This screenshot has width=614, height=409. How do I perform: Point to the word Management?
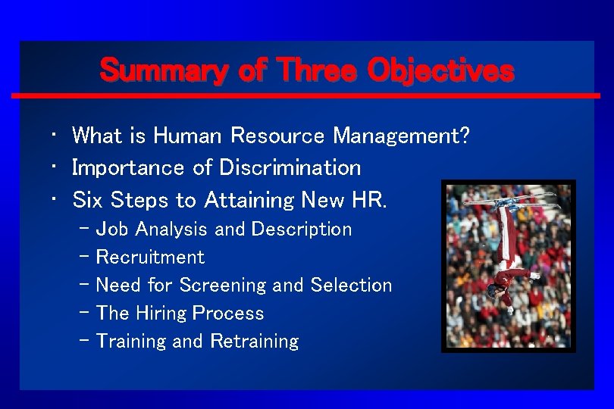pos(402,136)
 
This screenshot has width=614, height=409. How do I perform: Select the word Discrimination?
pos(290,167)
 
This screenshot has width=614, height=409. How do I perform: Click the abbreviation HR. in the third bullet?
pos(370,200)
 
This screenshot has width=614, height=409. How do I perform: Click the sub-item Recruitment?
pos(150,258)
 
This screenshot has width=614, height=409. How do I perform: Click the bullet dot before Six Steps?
pos(56,200)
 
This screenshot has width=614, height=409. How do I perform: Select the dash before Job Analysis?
pos(83,229)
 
